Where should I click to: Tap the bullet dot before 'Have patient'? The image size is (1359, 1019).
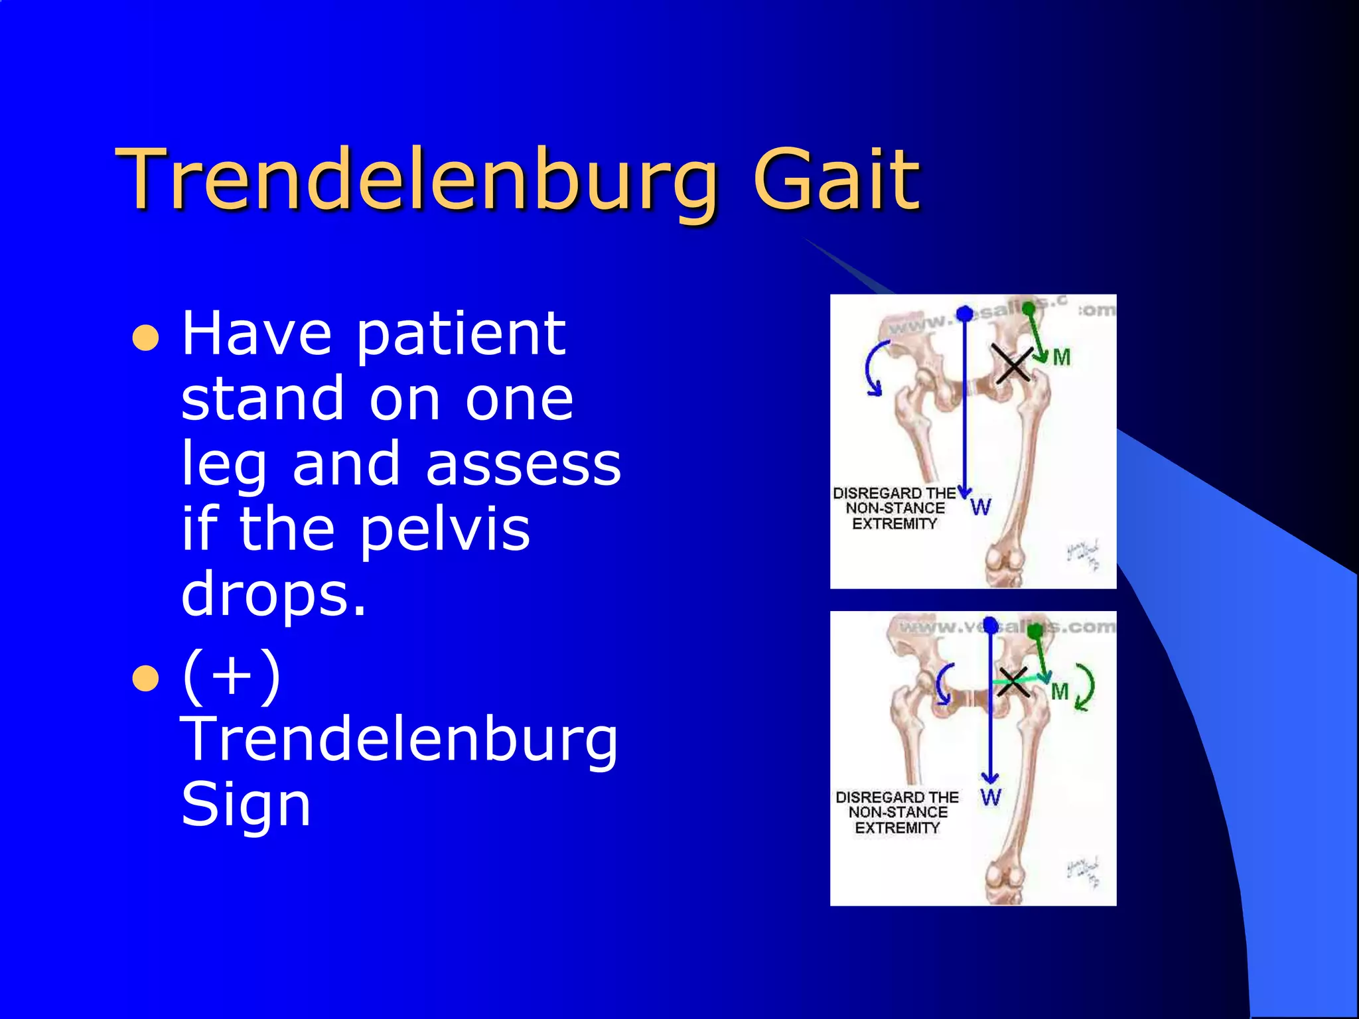[145, 338]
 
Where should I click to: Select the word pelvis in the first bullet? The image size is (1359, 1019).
[445, 531]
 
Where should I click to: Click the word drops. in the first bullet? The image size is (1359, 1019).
[273, 594]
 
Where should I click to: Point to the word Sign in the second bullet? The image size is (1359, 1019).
[246, 805]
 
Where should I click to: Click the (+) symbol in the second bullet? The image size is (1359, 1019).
[232, 677]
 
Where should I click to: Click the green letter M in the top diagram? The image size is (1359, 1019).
[1062, 358]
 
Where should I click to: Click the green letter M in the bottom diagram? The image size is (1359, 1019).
[1060, 692]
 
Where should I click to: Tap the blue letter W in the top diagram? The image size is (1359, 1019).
[981, 508]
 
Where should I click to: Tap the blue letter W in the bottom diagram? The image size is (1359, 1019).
[991, 797]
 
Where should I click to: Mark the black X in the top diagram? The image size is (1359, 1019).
[1013, 364]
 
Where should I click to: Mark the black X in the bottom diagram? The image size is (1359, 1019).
[1013, 682]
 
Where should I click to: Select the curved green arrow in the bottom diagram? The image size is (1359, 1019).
[1085, 687]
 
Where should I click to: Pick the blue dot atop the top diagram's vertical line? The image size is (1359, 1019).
[965, 313]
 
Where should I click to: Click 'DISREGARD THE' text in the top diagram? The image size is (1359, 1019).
[894, 494]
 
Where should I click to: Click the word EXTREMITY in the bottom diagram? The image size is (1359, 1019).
[897, 828]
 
